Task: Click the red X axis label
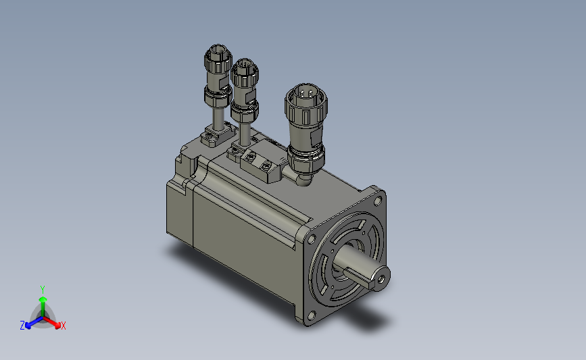[x=63, y=326]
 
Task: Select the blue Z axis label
[x=22, y=326]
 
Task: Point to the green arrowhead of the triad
[x=43, y=298]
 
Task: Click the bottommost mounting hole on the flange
[x=312, y=315]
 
